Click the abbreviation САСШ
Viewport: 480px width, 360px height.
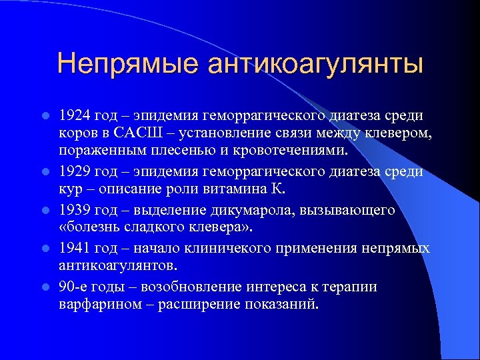point(137,134)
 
